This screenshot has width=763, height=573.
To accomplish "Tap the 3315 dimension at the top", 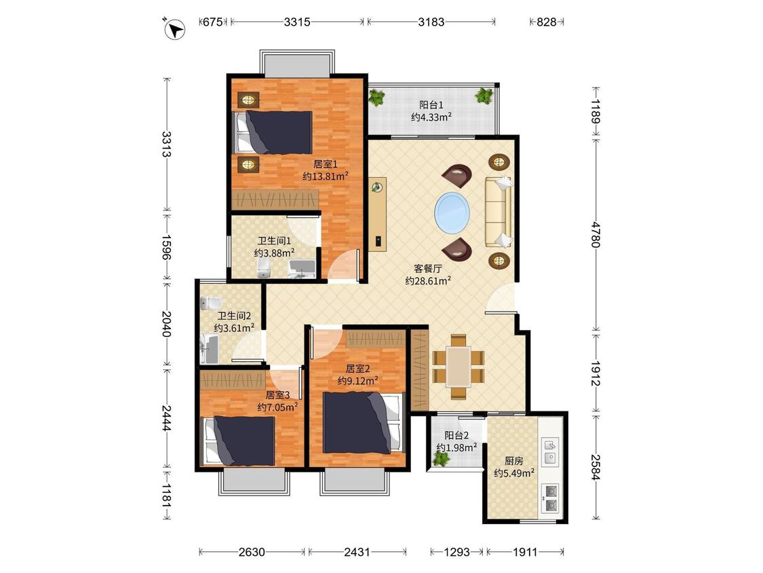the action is (297, 22).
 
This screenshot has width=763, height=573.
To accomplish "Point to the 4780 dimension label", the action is (595, 234).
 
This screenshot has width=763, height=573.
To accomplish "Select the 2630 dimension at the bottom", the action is (252, 552).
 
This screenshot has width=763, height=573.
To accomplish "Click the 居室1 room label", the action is (325, 164).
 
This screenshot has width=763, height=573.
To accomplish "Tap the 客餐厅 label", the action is (428, 268).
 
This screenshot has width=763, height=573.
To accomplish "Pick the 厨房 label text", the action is (514, 460).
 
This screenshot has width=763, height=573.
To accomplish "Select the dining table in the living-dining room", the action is (458, 367).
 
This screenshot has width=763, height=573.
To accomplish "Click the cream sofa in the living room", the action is (498, 211).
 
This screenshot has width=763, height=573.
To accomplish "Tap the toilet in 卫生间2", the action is (211, 303).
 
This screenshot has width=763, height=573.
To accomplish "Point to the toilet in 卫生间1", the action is (262, 268).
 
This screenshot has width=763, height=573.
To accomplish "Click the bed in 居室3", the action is (239, 441).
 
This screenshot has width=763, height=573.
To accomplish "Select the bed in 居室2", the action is (364, 422).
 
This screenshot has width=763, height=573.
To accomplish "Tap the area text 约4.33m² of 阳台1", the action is (431, 117).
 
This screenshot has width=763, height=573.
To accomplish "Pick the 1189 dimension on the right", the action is (595, 111).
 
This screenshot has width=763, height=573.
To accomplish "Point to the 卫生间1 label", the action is (274, 241).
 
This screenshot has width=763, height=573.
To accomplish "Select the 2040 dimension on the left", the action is (166, 324).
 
